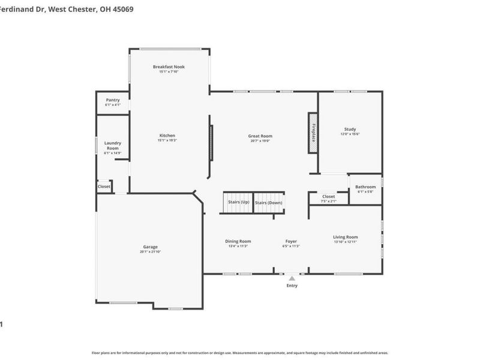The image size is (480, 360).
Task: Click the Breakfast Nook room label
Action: [169, 66]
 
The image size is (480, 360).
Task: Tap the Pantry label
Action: [113, 100]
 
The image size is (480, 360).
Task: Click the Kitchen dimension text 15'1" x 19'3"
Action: [167, 140]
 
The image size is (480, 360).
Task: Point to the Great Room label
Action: [260, 136]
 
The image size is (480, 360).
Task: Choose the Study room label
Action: [350, 129]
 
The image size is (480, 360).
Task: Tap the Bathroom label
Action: [365, 187]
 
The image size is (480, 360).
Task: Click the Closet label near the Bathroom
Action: [328, 196]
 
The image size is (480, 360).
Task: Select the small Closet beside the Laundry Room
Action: [104, 187]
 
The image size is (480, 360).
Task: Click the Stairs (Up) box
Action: [238, 202]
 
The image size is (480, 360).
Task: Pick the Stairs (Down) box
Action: [268, 202]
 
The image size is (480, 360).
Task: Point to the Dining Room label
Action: [238, 241]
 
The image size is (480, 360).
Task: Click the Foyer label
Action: [291, 241]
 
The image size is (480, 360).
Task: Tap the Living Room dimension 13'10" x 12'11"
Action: [346, 242]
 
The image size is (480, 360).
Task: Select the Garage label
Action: [150, 247]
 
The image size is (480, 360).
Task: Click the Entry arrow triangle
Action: [292, 278]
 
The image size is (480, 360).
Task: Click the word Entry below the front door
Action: [292, 286]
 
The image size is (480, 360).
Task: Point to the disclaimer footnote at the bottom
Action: [240, 353]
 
